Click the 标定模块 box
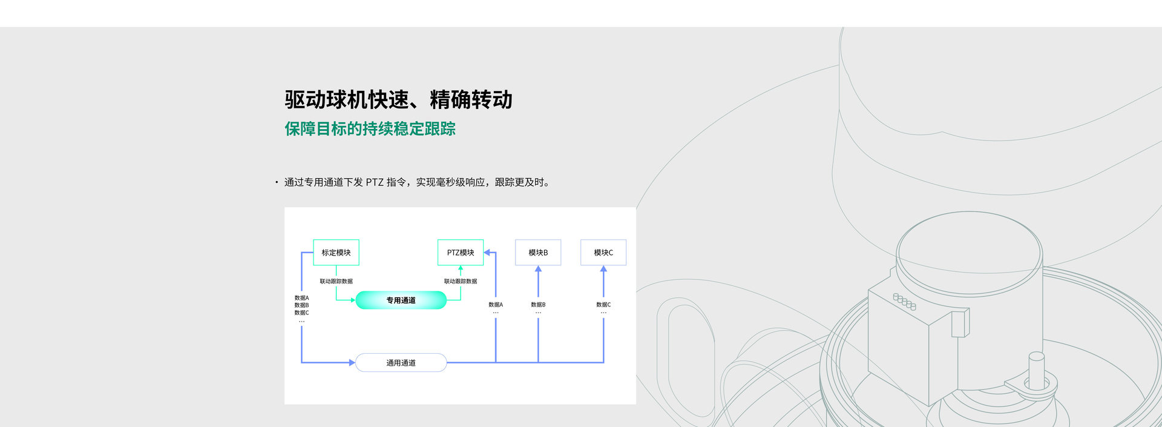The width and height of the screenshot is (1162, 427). (336, 253)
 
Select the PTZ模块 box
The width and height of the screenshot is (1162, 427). (461, 253)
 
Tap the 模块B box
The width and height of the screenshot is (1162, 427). (538, 253)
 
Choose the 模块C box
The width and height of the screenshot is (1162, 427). (603, 253)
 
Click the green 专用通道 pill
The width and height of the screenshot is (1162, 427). (401, 300)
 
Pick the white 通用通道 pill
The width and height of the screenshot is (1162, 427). (401, 363)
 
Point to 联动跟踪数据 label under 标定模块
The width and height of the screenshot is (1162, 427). (336, 281)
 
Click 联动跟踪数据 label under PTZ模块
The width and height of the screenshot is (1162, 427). (461, 281)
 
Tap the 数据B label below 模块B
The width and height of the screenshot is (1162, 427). (538, 305)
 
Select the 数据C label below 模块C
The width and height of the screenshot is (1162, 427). (603, 305)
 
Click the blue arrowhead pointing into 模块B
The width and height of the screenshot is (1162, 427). (538, 269)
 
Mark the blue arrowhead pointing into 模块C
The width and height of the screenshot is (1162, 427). (603, 269)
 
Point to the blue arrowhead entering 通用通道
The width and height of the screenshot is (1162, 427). (352, 363)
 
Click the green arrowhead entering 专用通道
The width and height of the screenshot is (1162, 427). (352, 300)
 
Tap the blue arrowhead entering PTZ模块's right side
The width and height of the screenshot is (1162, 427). (487, 253)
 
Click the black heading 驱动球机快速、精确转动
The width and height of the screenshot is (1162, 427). (398, 100)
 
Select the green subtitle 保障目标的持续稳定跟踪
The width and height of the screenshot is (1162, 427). (370, 129)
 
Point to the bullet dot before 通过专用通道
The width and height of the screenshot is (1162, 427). (277, 182)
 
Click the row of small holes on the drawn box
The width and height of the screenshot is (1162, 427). (905, 302)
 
